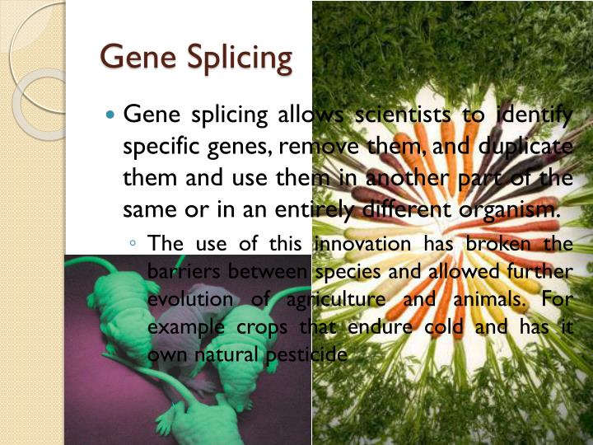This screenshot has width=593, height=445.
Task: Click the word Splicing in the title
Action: coord(240,59)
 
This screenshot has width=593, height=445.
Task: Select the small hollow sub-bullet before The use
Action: coord(133,244)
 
